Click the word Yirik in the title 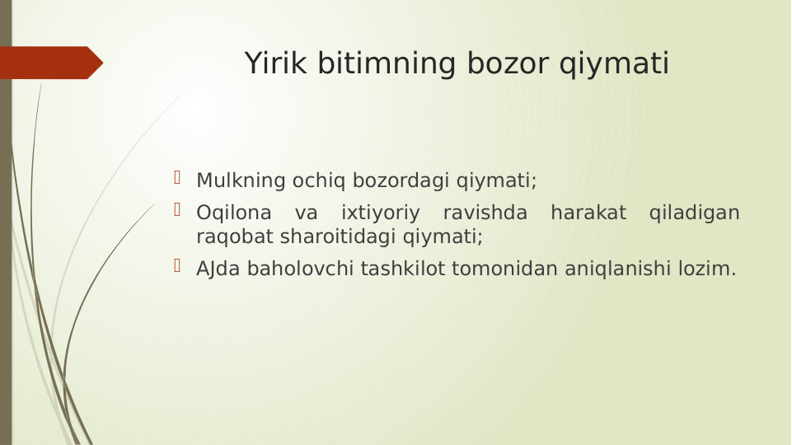tap(274, 63)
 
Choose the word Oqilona tap(233, 213)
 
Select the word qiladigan tap(694, 213)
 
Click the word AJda tap(219, 269)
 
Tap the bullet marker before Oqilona tap(176, 210)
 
